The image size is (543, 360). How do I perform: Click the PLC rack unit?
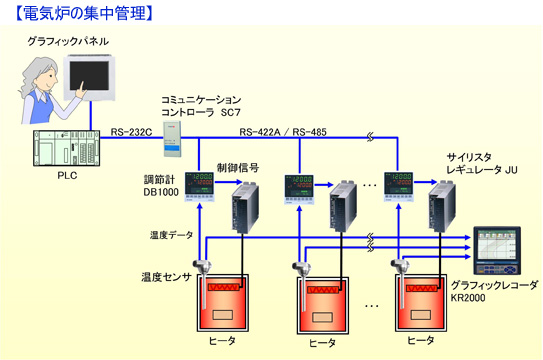66,148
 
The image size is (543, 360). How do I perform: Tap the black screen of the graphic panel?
89,76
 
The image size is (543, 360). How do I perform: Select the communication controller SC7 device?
172,138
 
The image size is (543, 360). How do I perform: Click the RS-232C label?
131,132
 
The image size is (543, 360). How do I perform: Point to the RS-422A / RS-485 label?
283,132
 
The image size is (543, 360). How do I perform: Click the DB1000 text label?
161,192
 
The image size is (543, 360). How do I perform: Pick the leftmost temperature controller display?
199,187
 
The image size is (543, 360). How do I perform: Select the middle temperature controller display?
299,189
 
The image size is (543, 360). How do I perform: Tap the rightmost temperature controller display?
399,187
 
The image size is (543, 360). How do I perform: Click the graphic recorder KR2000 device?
497,250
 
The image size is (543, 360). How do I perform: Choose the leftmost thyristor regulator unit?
245,207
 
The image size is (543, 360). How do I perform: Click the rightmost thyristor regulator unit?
442,206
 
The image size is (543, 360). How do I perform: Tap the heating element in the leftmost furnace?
224,287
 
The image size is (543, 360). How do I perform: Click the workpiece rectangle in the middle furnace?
322,317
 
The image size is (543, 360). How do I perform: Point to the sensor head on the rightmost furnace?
400,266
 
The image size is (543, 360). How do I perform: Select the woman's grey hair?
35,78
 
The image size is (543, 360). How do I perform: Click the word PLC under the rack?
67,176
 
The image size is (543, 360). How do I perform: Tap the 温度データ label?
171,235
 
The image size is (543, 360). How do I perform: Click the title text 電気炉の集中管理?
84,13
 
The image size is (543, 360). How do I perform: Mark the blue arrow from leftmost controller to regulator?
229,182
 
